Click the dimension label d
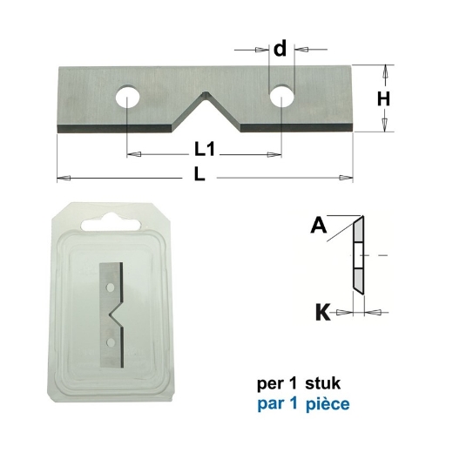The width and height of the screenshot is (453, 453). (280, 50)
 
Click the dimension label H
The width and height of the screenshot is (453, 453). (382, 99)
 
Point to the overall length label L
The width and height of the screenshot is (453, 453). (199, 175)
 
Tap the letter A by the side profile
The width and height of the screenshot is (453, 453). (318, 227)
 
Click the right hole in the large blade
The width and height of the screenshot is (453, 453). (281, 97)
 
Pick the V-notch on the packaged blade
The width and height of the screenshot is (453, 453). (120, 313)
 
